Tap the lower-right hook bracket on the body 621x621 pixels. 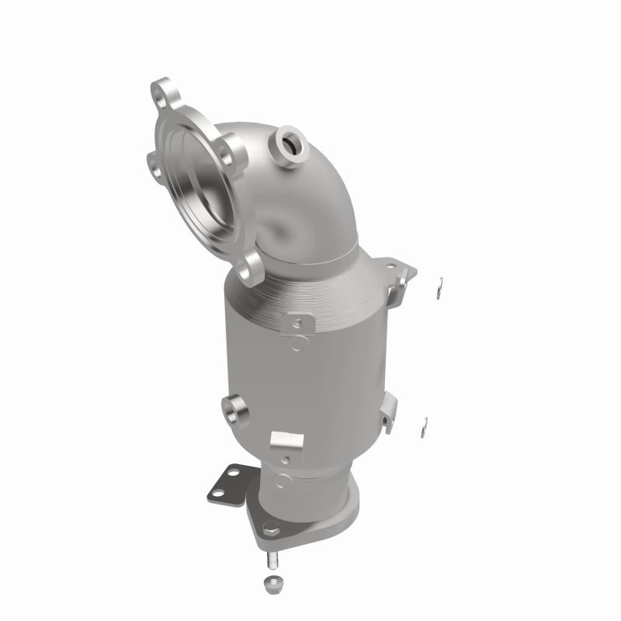[388, 410]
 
